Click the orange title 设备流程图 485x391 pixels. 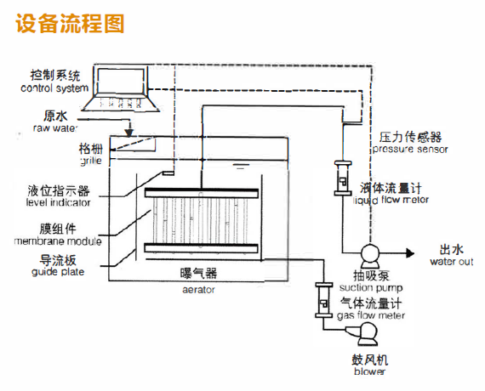[70, 24]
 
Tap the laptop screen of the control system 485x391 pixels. [121, 79]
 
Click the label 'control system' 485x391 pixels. [54, 88]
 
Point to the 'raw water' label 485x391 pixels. [55, 128]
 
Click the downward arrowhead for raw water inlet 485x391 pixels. [129, 133]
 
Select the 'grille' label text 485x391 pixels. [91, 161]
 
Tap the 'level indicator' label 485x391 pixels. [58, 202]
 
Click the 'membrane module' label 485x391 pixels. [58, 241]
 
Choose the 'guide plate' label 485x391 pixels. [58, 272]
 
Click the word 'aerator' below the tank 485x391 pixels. [198, 290]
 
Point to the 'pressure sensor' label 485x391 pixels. [410, 150]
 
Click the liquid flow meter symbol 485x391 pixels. [343, 178]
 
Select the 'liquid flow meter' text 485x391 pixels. [391, 200]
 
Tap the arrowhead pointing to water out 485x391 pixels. [410, 253]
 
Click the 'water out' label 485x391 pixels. [452, 262]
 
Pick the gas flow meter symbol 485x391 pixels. [323, 300]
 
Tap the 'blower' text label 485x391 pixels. [369, 371]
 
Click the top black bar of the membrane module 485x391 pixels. [202, 193]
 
